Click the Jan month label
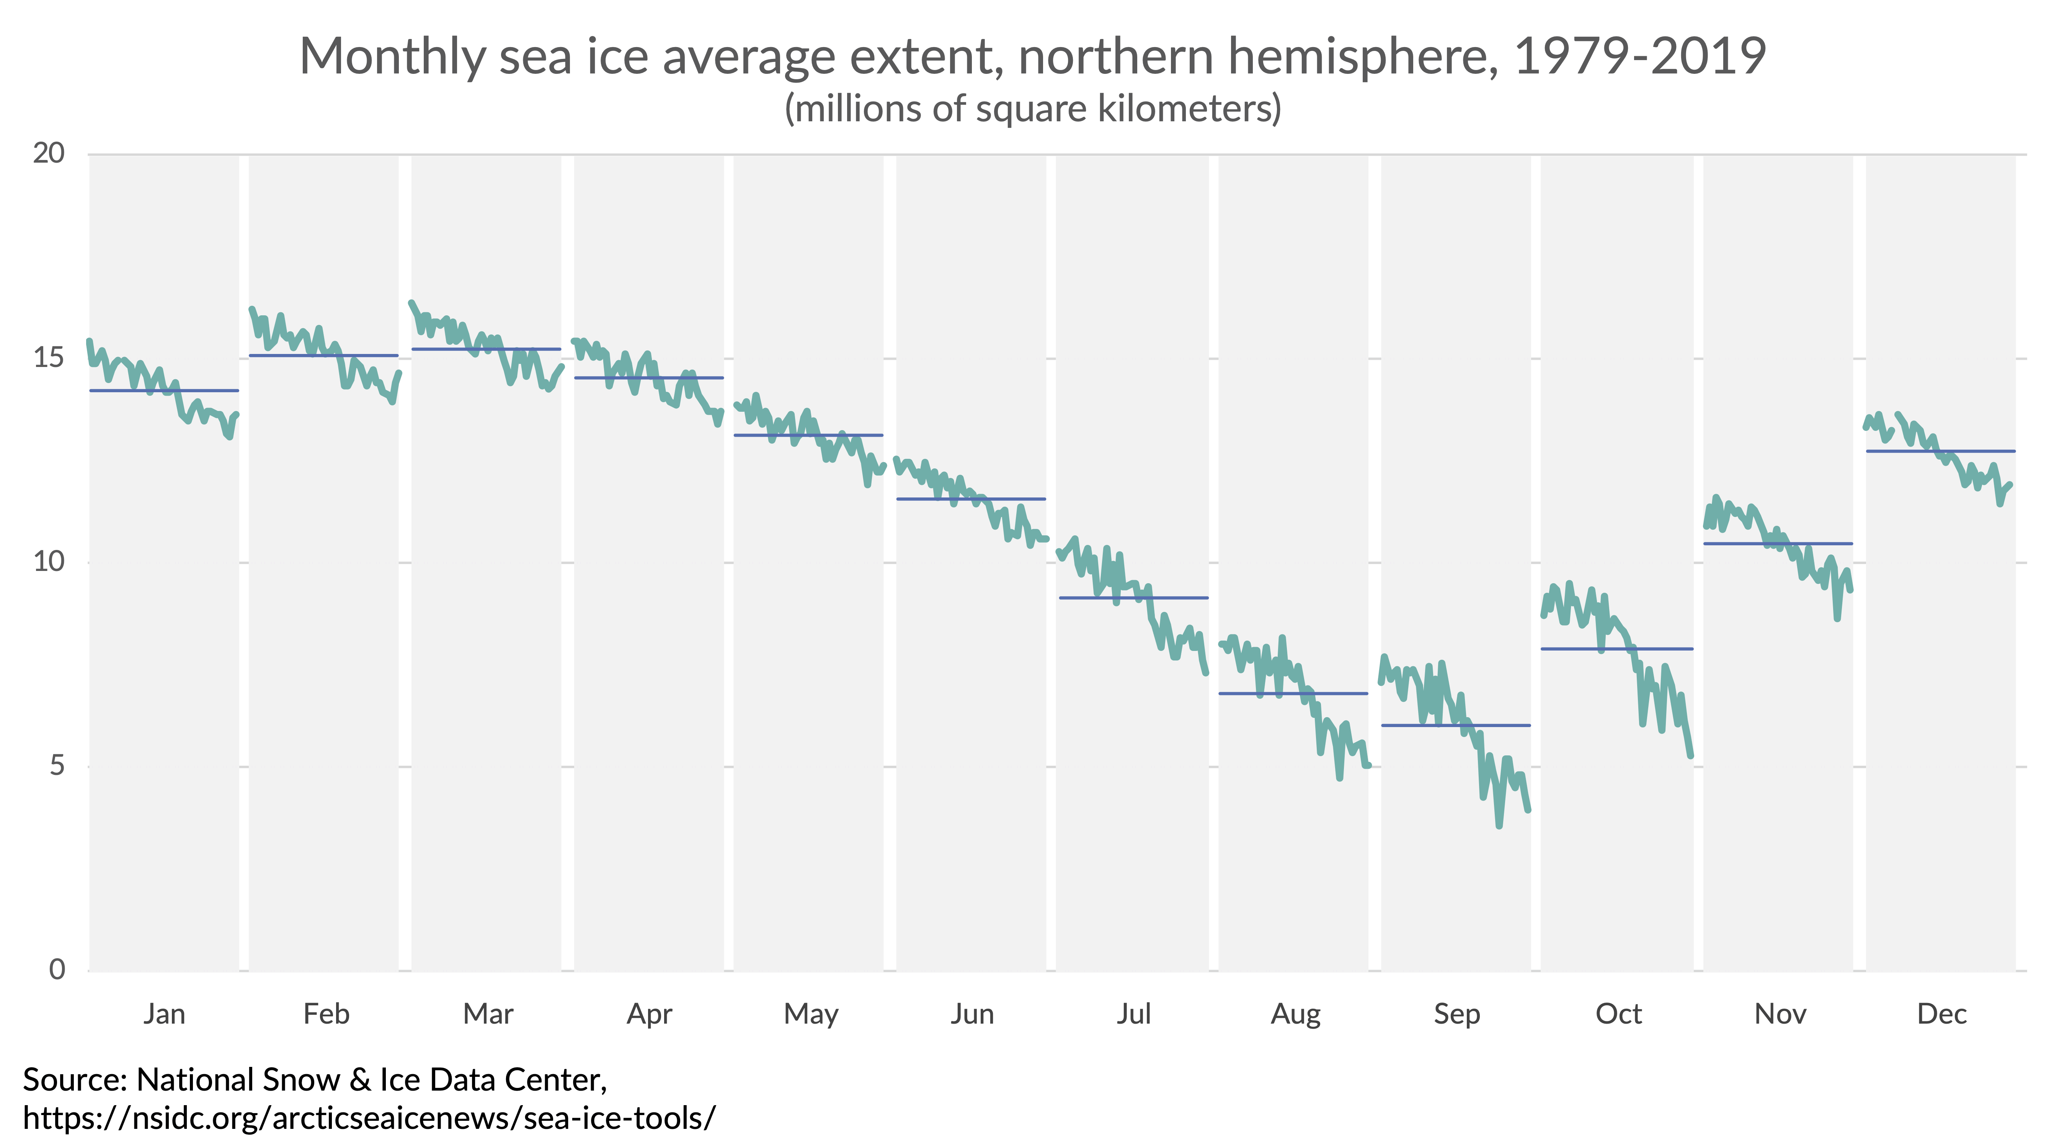165,1014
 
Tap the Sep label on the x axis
1456,1014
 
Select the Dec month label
1941,1014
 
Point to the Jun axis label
972,1014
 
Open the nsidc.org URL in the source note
369,1117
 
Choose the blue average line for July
1133,598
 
